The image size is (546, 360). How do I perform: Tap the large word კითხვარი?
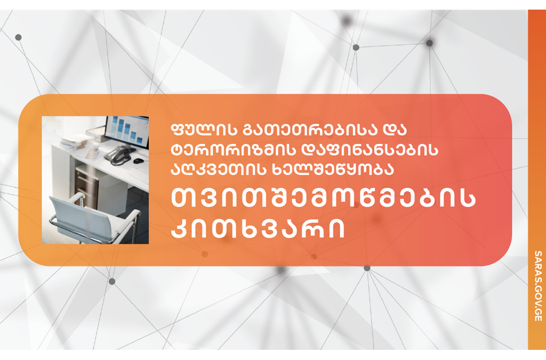pyautogui.click(x=258, y=228)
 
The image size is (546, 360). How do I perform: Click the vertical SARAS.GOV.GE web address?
pyautogui.click(x=537, y=286)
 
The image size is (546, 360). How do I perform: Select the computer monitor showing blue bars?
pyautogui.click(x=127, y=131)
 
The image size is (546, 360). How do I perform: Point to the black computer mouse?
pyautogui.click(x=139, y=161)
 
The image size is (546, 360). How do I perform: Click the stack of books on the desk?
pyautogui.click(x=74, y=143)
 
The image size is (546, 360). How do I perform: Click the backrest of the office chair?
pyautogui.click(x=75, y=214)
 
